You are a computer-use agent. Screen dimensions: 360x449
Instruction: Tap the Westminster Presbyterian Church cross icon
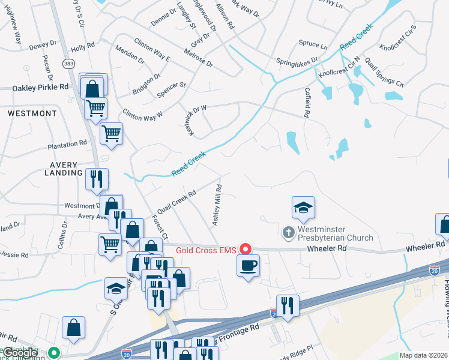pos(288,232)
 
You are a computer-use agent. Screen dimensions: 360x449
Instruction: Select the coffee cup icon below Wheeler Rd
pos(249,265)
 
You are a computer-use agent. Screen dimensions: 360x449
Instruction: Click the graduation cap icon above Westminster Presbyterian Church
pos(303,208)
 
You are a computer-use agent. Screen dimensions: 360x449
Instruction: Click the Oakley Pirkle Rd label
pos(40,88)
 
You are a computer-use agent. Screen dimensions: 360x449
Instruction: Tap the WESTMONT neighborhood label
pos(32,113)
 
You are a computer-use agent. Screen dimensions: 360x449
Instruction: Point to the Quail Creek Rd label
pos(175,202)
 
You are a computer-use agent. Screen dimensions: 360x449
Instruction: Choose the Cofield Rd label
pos(307,100)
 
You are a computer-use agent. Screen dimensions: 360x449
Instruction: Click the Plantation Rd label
pos(68,145)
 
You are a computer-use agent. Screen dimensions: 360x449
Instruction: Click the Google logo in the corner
pos(20,353)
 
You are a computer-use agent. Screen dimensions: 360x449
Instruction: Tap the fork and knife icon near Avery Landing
pos(96,178)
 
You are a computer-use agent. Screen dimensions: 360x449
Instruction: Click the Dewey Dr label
pos(42,45)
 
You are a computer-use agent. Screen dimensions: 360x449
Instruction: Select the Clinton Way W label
pos(142,114)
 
